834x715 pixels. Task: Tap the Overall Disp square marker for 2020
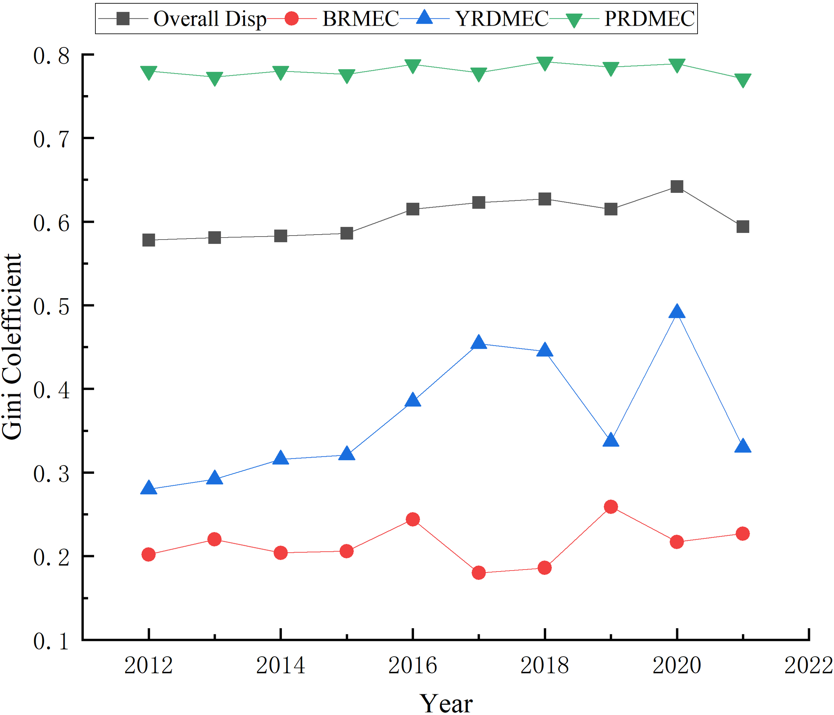click(677, 187)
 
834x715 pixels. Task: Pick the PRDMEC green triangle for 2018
click(544, 63)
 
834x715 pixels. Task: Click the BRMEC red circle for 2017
click(479, 573)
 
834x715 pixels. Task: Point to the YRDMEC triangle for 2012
click(148, 488)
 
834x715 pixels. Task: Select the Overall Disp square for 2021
click(743, 227)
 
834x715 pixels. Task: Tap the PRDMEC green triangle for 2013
click(215, 78)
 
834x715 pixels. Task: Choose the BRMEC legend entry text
click(360, 19)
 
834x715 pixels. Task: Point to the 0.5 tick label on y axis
click(51, 307)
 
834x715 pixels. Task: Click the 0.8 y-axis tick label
click(51, 56)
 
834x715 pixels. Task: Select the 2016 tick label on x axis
click(412, 665)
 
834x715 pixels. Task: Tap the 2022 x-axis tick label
click(808, 665)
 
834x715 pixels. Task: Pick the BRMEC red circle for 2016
click(413, 519)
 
